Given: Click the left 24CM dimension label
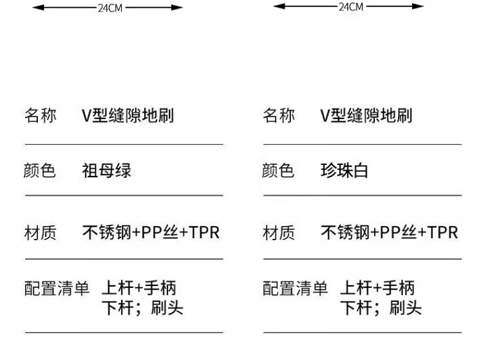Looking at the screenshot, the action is coord(109,8).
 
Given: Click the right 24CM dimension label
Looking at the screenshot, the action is coord(350,6).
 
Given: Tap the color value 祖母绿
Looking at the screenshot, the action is coord(106,171).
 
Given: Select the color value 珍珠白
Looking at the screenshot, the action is coord(345,171).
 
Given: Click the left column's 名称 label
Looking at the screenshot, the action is coord(40,116).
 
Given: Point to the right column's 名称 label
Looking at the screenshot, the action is coord(278,116).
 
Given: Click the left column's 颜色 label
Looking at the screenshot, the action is coord(40,171).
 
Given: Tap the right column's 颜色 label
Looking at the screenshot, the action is coord(278,171).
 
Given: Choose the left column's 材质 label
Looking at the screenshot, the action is coord(40,232).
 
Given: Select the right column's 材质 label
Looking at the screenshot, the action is coord(278,232).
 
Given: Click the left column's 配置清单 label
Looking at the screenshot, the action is coord(57,289).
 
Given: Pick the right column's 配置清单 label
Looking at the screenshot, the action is coord(295,289).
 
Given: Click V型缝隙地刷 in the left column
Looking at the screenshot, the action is coord(128,116).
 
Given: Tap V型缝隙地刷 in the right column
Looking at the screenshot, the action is coord(366,116).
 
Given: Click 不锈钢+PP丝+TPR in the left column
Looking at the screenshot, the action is coord(151,232).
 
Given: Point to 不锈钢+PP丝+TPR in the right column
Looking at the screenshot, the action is coord(389,232).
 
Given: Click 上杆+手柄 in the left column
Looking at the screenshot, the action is coord(138,288).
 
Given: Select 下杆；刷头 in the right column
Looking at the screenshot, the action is coord(381,308).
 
